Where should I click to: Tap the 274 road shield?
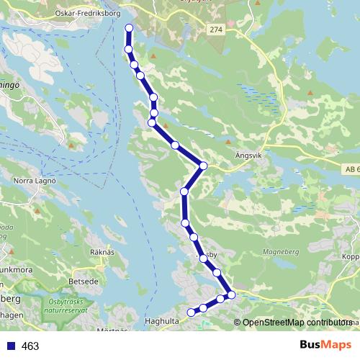pos(217,29)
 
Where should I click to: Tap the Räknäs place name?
pos(102,252)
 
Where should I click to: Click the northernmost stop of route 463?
pos(130,28)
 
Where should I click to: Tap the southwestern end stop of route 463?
pos(191,312)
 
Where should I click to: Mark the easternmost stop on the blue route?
pos(231,294)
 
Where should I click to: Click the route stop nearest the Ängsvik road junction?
pos(203,166)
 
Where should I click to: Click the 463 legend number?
pos(30,346)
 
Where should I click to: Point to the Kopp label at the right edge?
pos(350,256)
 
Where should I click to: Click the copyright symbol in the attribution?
pos(238,323)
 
